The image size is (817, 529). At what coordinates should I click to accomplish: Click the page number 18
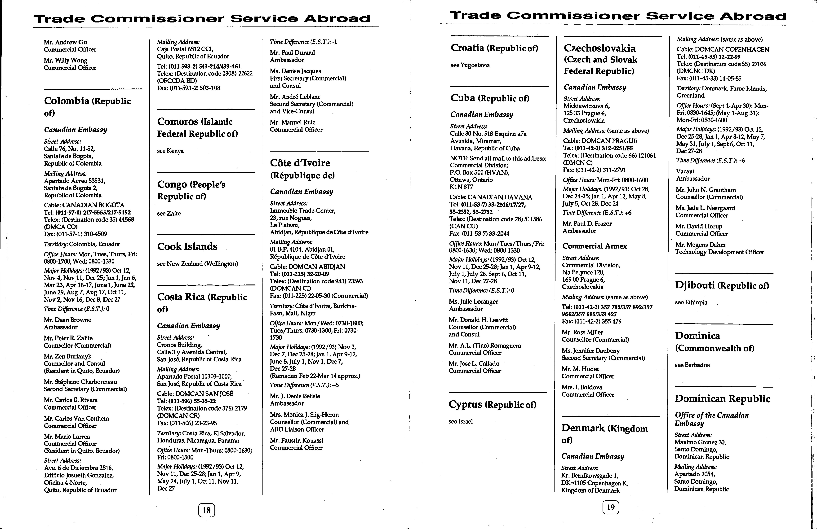(x=206, y=510)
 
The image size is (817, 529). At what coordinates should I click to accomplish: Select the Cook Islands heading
(x=187, y=246)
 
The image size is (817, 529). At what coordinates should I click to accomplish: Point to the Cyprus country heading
(x=492, y=404)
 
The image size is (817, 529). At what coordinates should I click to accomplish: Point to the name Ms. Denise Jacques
(x=295, y=71)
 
